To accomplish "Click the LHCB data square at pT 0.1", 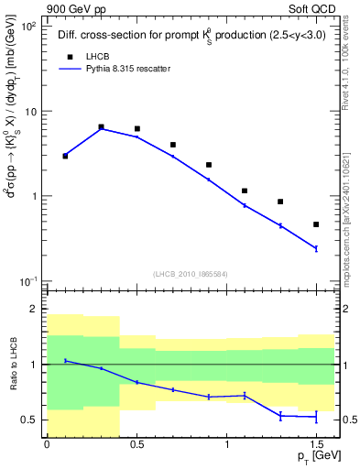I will click(65, 156).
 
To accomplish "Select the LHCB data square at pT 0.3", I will click(101, 126).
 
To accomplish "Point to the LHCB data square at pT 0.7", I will click(172, 145).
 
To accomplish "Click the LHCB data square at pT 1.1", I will click(245, 191).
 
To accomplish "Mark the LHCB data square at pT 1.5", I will click(316, 224).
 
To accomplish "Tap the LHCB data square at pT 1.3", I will click(280, 202).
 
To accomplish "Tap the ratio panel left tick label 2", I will click(33, 310).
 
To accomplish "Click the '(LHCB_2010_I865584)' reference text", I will click(191, 273).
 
